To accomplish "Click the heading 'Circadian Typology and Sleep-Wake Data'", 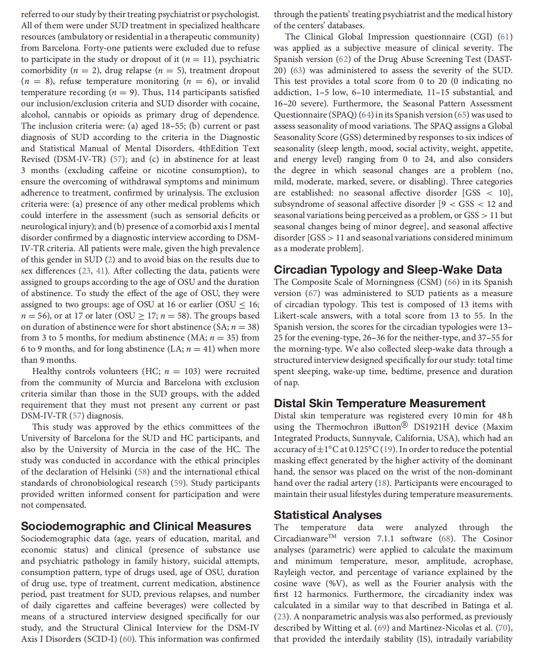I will pos(387,270).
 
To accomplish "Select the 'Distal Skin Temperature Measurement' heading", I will pos(379,403).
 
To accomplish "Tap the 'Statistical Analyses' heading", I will pos(327,515).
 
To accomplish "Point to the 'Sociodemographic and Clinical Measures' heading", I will pos(136,526).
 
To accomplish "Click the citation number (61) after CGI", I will pos(505,37).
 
